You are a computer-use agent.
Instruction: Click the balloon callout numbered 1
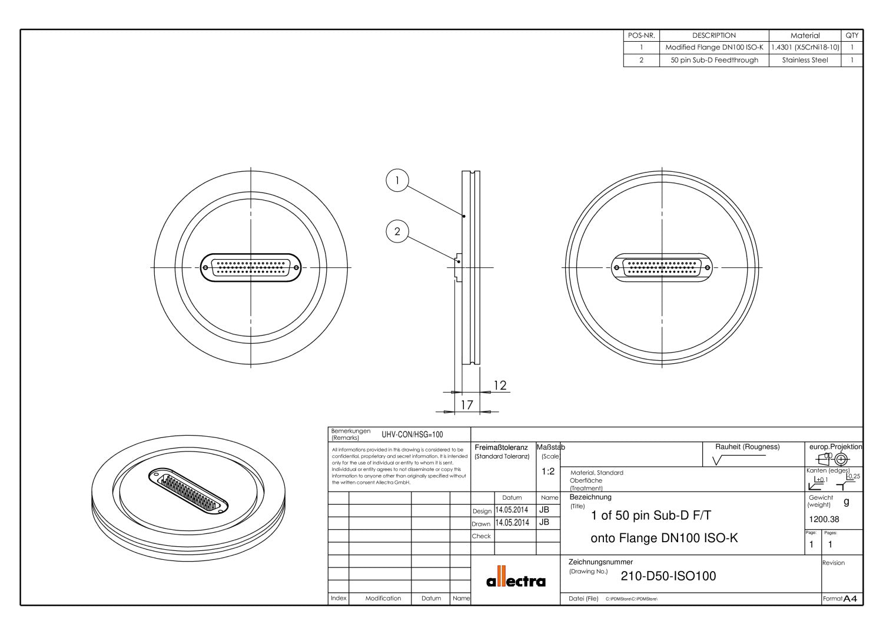[397, 181]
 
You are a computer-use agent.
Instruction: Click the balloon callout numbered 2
[397, 231]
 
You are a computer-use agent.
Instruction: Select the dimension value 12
[499, 386]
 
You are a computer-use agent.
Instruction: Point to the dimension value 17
[466, 405]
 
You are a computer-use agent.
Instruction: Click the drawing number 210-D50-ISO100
[668, 576]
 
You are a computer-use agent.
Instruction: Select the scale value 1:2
[547, 472]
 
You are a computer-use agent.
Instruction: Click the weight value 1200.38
[825, 519]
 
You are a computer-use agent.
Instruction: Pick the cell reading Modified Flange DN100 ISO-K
[713, 47]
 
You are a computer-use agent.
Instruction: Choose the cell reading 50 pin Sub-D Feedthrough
[713, 60]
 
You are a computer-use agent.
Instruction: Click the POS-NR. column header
[641, 35]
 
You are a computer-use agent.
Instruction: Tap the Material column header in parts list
[805, 35]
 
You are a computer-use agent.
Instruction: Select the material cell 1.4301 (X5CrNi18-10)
[805, 47]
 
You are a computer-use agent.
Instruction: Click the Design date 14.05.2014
[512, 510]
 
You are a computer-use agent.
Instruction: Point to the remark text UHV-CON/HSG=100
[412, 434]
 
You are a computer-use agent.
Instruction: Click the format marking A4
[849, 599]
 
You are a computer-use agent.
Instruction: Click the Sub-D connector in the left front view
[251, 268]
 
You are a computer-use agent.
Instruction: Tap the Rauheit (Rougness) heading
[747, 447]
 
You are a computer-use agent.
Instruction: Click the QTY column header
[852, 35]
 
